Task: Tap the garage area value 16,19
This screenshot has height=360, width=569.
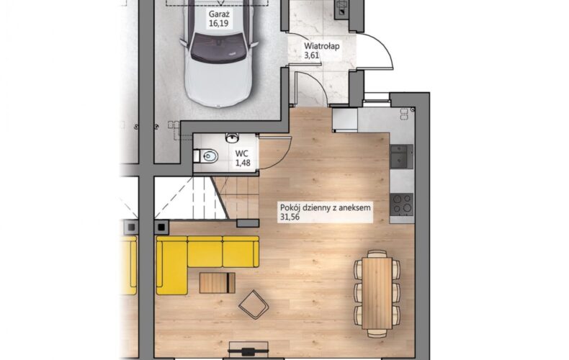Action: click(x=218, y=24)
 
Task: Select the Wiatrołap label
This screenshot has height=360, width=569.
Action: click(x=321, y=46)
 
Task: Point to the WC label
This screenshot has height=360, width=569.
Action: click(x=242, y=153)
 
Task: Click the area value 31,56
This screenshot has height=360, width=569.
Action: click(x=290, y=217)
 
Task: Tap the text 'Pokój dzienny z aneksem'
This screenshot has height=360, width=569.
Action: click(x=326, y=208)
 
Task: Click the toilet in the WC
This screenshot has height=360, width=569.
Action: click(x=206, y=156)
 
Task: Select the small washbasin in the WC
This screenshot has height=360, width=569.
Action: click(x=232, y=138)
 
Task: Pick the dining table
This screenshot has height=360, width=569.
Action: click(x=377, y=293)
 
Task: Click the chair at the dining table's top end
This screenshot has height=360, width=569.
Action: click(x=377, y=253)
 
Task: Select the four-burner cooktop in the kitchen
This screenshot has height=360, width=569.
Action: click(x=402, y=204)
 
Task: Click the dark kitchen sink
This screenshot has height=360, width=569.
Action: click(x=402, y=156)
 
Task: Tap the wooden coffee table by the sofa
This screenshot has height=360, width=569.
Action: click(x=218, y=283)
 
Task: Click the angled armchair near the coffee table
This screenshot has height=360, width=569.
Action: click(x=254, y=305)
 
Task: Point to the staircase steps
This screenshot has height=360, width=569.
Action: click(x=207, y=198)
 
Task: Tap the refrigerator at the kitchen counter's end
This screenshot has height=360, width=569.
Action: click(x=345, y=120)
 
